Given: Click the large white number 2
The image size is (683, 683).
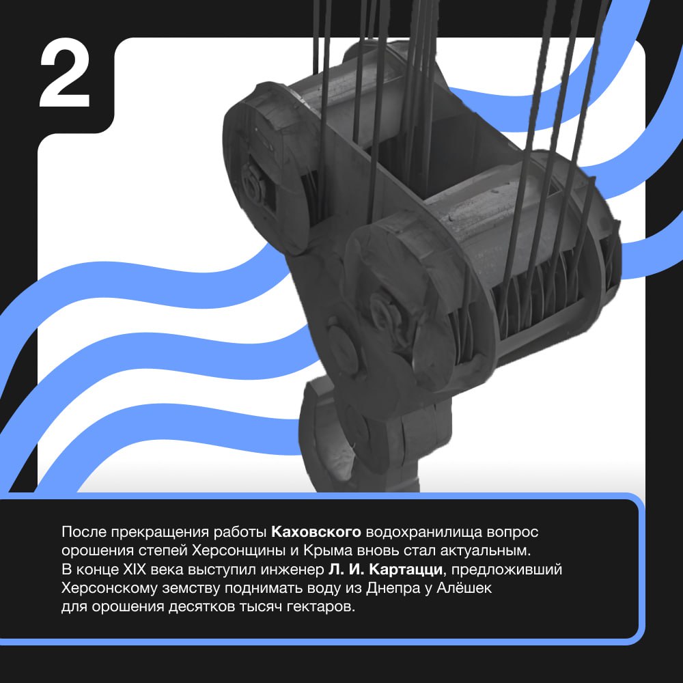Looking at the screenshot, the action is [x=64, y=72].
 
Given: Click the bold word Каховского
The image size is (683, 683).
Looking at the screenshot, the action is [x=316, y=532].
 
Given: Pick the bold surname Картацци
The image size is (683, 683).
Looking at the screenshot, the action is [x=405, y=570].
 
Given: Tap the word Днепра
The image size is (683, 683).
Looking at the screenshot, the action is [x=390, y=589].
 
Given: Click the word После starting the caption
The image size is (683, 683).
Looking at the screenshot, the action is [x=84, y=532].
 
